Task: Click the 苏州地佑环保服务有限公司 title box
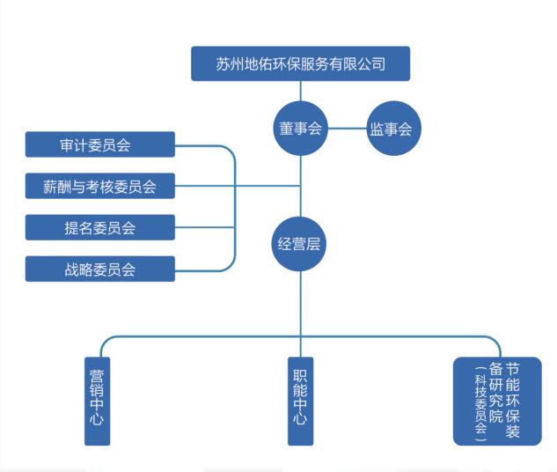pyautogui.click(x=300, y=63)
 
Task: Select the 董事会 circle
pyautogui.click(x=301, y=129)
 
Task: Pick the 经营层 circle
pyautogui.click(x=301, y=244)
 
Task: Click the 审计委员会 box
pyautogui.click(x=99, y=144)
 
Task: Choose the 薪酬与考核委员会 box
pyautogui.click(x=99, y=186)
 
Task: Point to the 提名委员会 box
pyautogui.click(x=99, y=227)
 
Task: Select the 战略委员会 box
pyautogui.click(x=99, y=269)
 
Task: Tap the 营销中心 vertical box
pyautogui.click(x=97, y=401)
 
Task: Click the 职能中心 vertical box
pyautogui.click(x=300, y=401)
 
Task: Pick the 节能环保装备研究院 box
pyautogui.click(x=496, y=401)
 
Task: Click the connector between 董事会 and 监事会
pyautogui.click(x=348, y=129)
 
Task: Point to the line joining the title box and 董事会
pyautogui.click(x=301, y=92)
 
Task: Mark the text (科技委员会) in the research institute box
pyautogui.click(x=480, y=403)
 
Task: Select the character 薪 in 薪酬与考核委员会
pyautogui.click(x=50, y=187)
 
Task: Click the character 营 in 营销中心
pyautogui.click(x=97, y=374)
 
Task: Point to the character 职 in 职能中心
pyautogui.click(x=300, y=374)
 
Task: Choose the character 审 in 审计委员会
pyautogui.click(x=68, y=145)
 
